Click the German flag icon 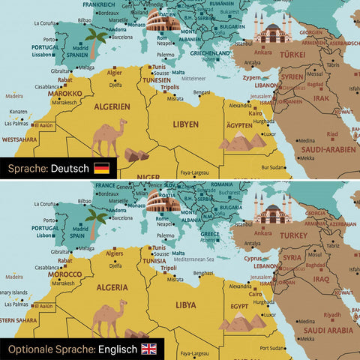click(x=101, y=169)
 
